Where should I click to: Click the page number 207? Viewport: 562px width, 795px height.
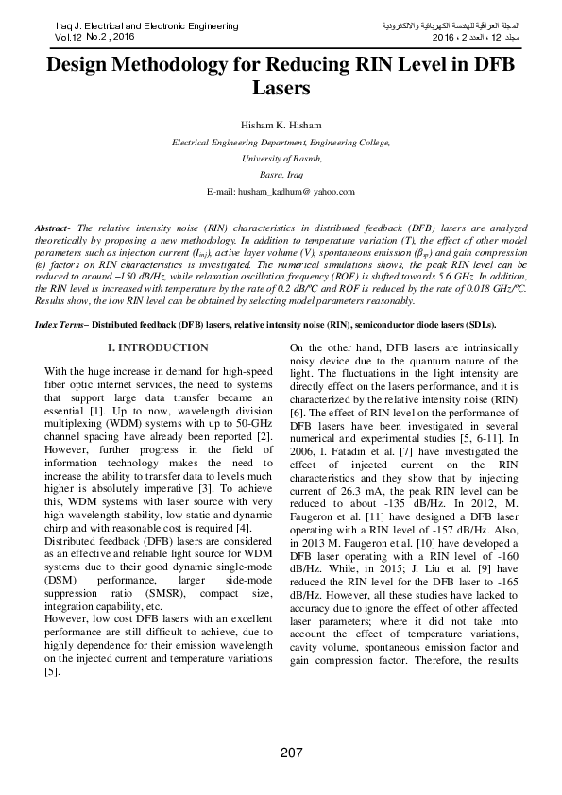[x=291, y=752]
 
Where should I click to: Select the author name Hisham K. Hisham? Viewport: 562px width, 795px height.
[x=281, y=126]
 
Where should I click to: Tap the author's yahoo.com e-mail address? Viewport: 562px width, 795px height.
[x=281, y=191]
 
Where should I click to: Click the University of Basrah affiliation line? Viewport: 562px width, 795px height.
[x=281, y=159]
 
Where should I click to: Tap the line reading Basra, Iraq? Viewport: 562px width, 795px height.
[x=281, y=175]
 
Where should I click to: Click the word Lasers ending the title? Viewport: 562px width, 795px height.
[x=281, y=88]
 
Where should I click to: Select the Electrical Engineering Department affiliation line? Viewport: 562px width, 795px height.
[x=281, y=142]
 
